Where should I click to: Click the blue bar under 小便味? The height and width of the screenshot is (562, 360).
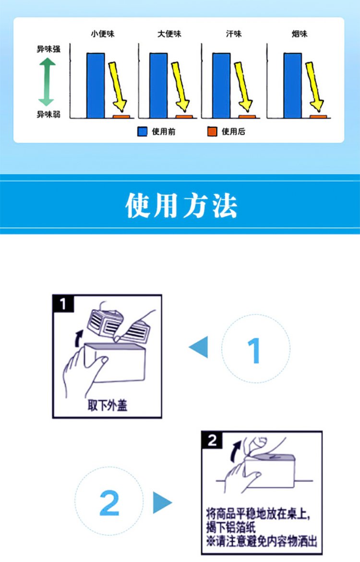tap(96, 86)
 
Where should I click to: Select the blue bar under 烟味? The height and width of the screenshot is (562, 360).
tap(293, 86)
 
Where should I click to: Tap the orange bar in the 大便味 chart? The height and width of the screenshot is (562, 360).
tap(184, 117)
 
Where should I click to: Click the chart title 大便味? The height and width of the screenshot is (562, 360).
tap(169, 34)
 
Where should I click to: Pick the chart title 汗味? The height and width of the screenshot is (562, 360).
tap(234, 34)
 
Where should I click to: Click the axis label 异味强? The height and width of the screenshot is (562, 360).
tap(48, 49)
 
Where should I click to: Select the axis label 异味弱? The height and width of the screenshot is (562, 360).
tap(48, 114)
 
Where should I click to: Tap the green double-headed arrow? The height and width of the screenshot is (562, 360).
tap(47, 82)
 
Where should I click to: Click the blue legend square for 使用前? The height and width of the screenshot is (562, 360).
tap(143, 132)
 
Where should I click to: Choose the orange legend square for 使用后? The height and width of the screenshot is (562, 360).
tap(213, 132)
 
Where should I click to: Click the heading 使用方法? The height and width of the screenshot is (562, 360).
tap(181, 206)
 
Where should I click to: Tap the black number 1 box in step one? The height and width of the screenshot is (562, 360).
tap(63, 304)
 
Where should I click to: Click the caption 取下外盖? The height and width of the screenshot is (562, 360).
tap(108, 405)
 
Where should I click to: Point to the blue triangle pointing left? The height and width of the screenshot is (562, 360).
tap(198, 347)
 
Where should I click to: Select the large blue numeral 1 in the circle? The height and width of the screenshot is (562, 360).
tap(254, 351)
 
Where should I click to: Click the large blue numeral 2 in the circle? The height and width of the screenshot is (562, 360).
tap(109, 503)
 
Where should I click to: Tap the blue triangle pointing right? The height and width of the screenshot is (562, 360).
tap(162, 502)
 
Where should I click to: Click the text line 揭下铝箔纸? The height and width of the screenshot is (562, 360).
tap(231, 528)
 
